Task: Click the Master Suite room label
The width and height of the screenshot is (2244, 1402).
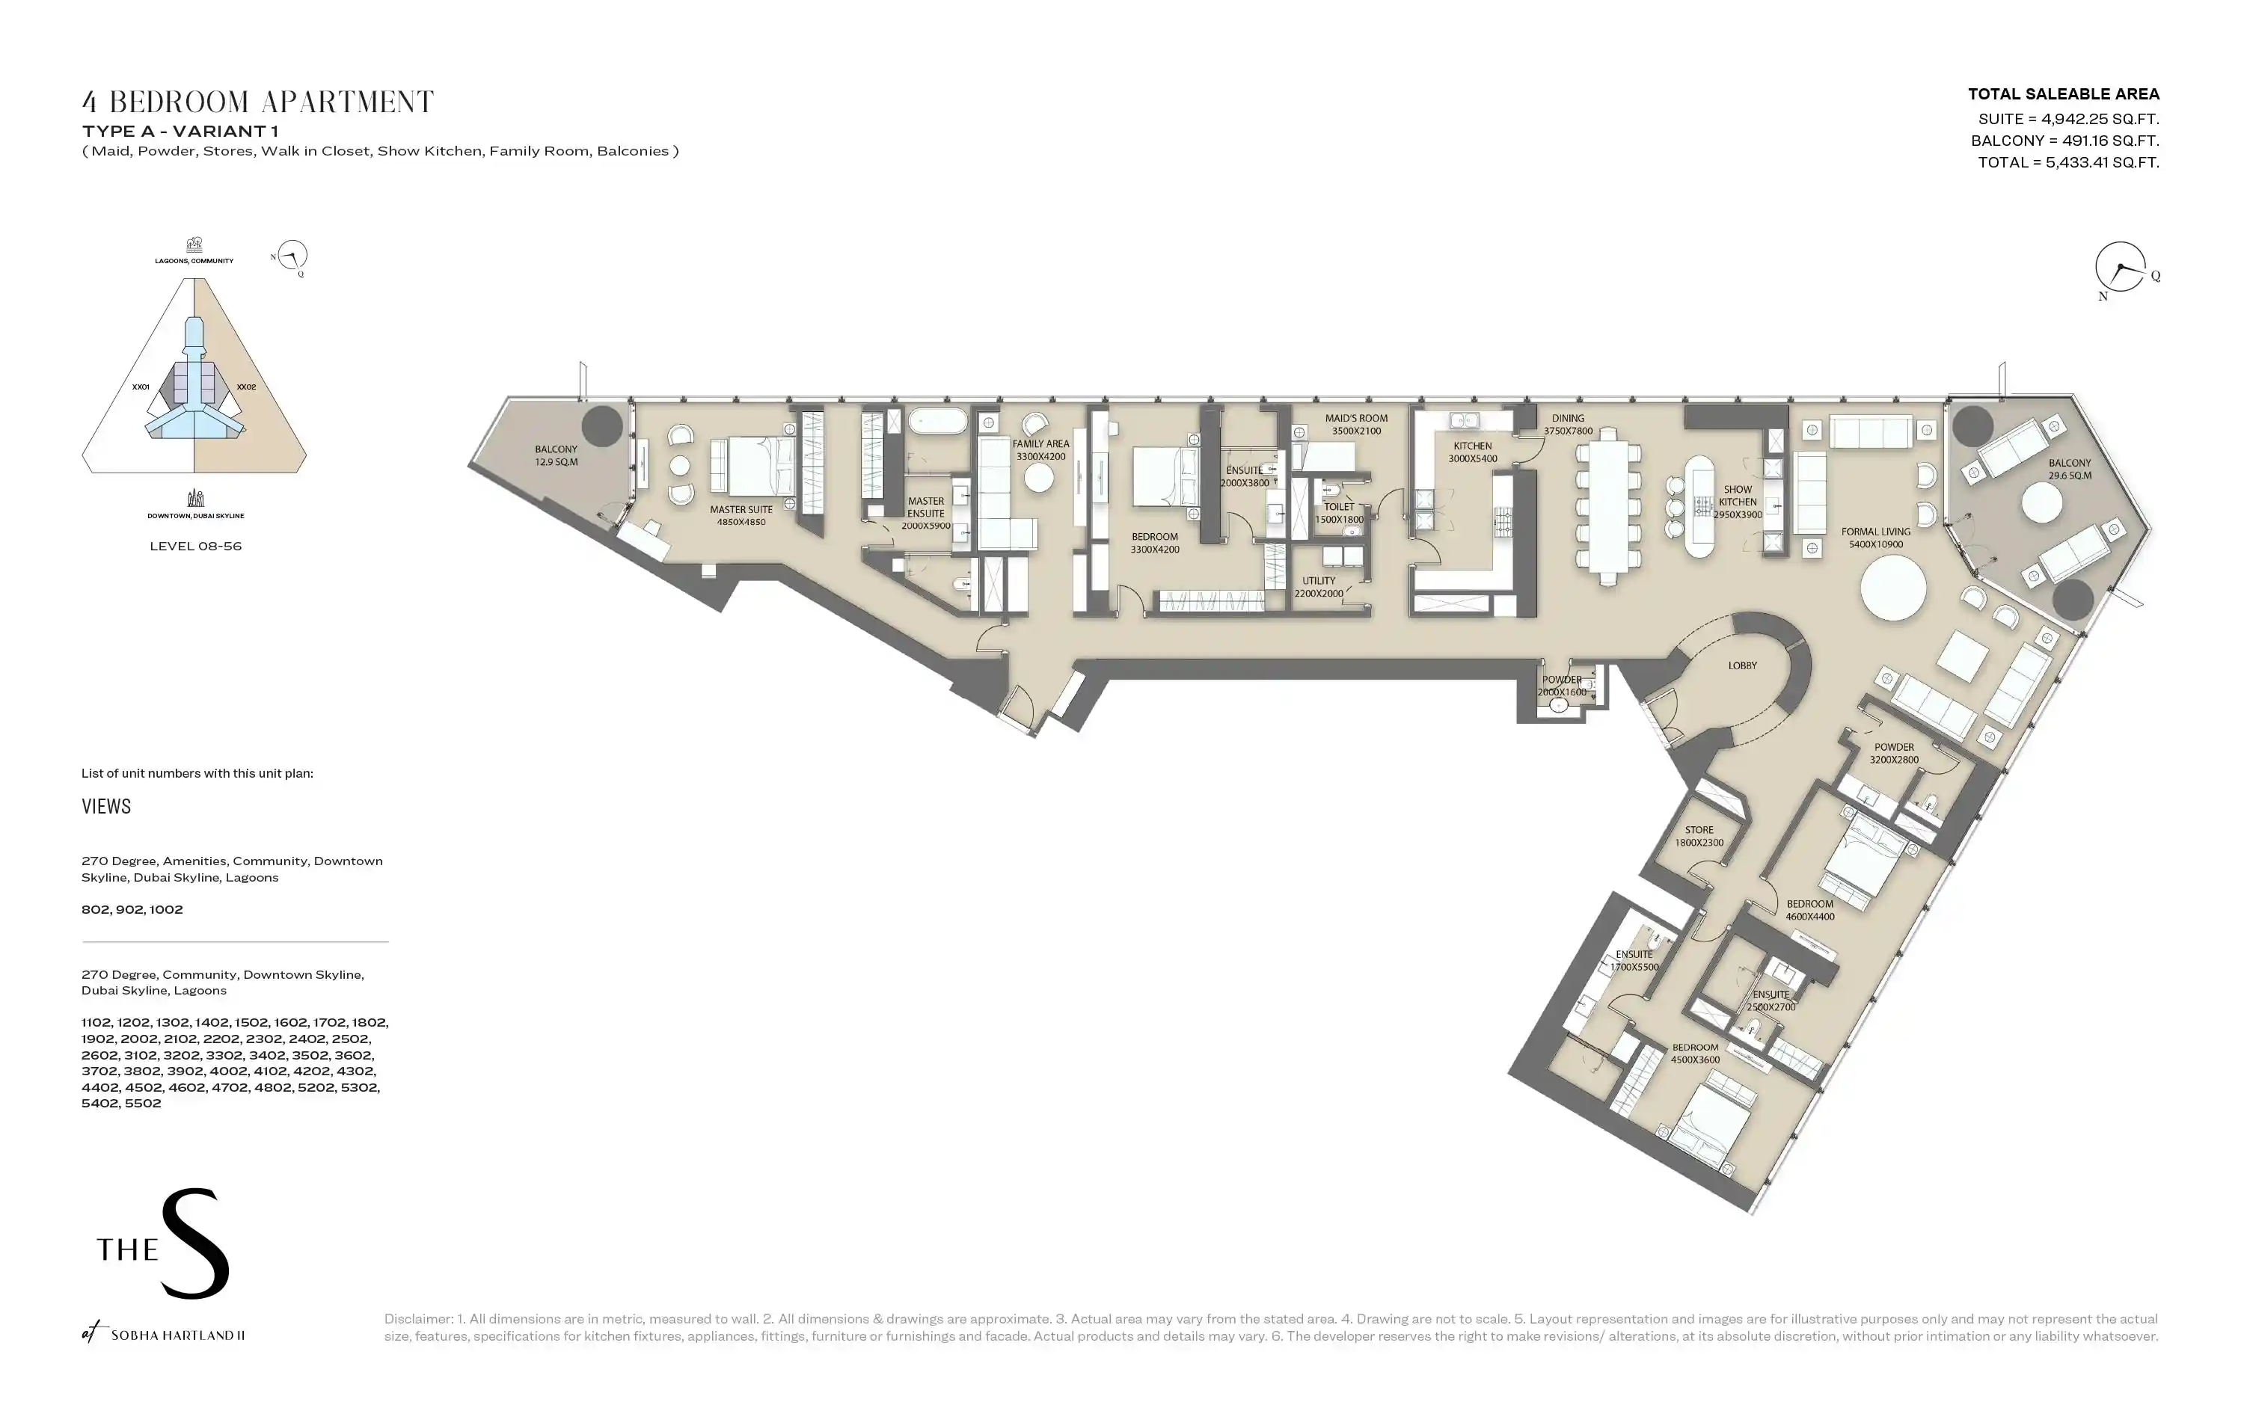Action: tap(741, 515)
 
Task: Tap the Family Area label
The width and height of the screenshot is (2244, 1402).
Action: tap(1040, 449)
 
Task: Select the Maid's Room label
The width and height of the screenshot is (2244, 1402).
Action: tap(1355, 425)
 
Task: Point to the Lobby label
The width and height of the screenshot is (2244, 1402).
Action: tap(1742, 665)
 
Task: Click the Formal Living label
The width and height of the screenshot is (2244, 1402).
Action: tap(1876, 538)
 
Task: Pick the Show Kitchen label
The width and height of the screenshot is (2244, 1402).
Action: tap(1738, 502)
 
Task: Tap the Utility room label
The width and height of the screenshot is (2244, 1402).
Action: tap(1319, 587)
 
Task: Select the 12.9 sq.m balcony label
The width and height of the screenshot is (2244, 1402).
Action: tap(556, 455)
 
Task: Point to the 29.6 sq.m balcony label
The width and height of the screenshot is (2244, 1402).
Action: tap(2070, 469)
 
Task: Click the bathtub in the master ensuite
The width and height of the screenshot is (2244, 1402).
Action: tap(937, 422)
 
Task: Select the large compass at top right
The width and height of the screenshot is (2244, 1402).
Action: tap(2121, 267)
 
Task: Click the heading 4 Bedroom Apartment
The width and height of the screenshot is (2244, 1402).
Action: tap(258, 101)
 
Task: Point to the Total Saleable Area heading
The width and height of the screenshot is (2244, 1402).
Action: tap(2063, 93)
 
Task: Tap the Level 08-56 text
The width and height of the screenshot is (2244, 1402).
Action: tap(196, 546)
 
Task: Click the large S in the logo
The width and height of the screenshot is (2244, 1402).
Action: tap(194, 1243)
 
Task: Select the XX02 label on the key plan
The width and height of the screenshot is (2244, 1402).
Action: tap(246, 387)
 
